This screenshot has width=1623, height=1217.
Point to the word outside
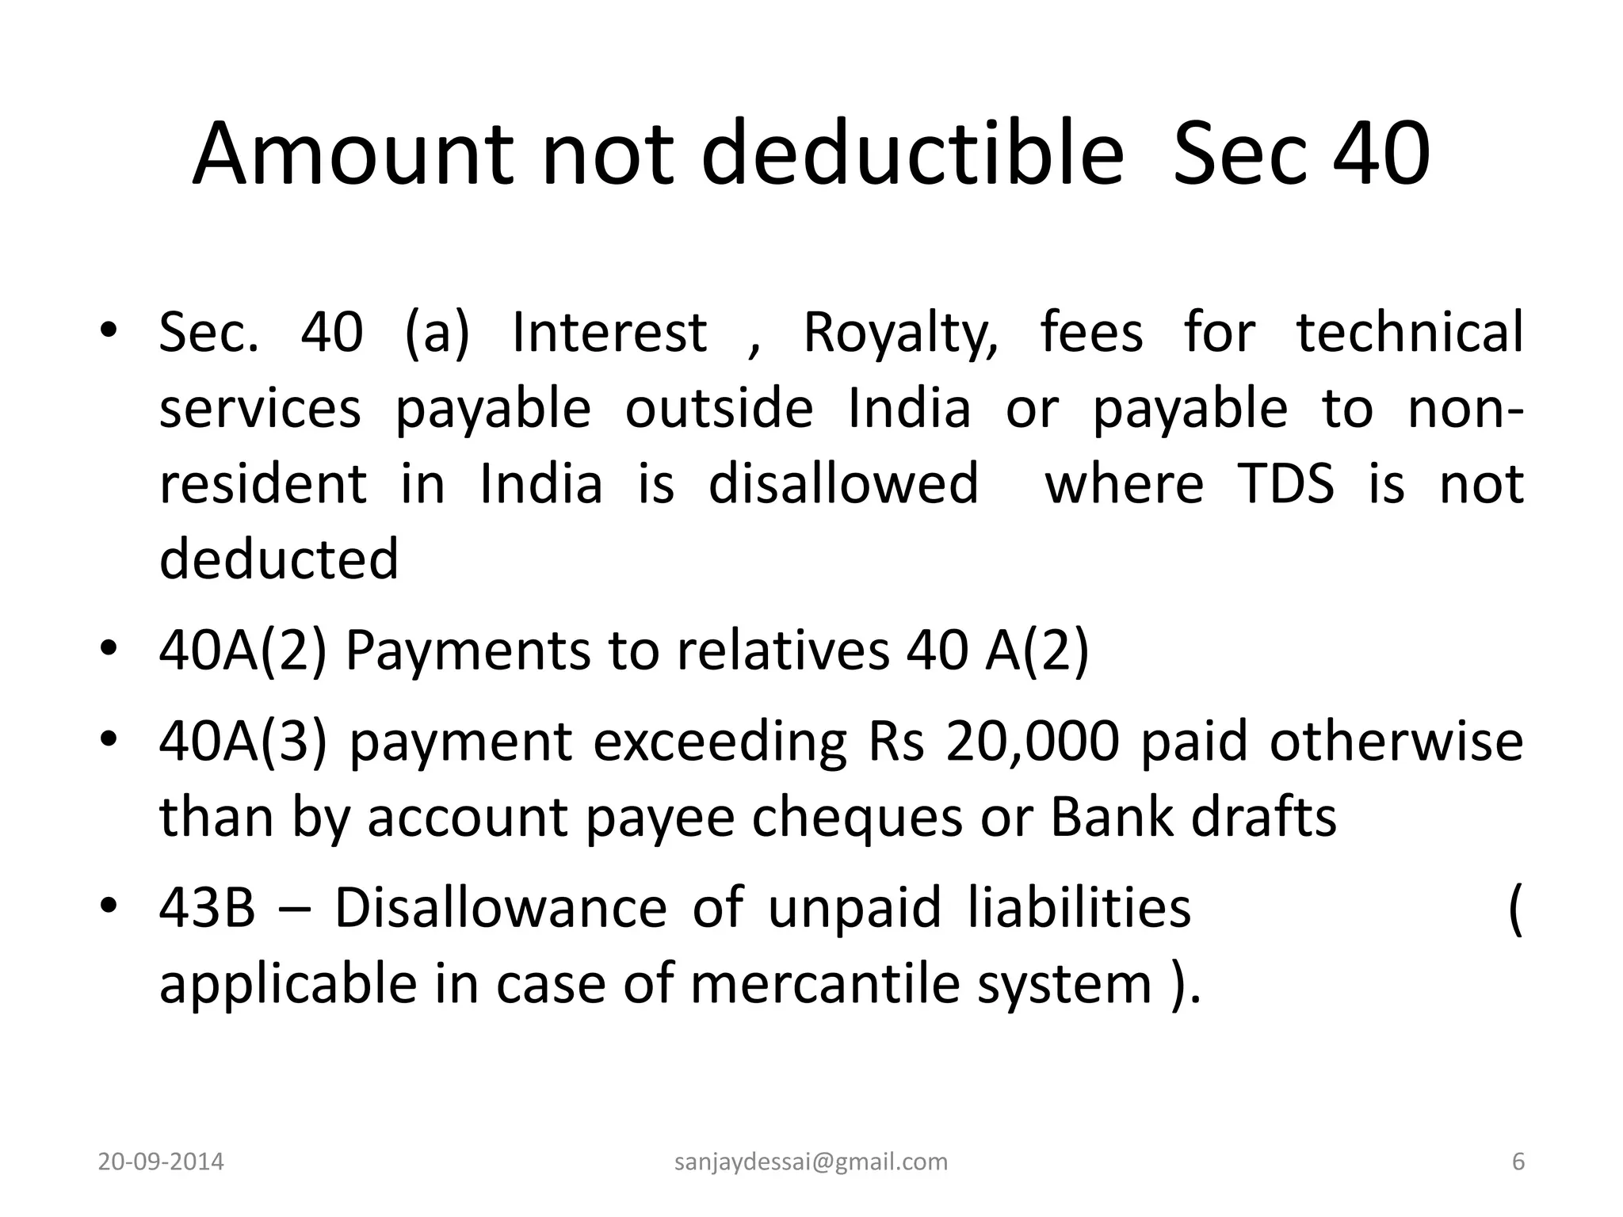tap(719, 408)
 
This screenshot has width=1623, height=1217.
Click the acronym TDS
tap(1285, 483)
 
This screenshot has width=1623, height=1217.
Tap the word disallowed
tap(843, 483)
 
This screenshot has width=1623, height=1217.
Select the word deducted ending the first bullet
tap(279, 559)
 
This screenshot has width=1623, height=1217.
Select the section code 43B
tap(208, 908)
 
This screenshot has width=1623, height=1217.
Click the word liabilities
tap(1079, 908)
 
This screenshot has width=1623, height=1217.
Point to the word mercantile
tap(824, 983)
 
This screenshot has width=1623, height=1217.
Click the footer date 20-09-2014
tap(161, 1162)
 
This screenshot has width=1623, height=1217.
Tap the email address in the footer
tap(811, 1162)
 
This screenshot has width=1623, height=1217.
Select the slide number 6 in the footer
tap(1518, 1162)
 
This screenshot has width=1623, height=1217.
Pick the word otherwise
tap(1396, 742)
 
